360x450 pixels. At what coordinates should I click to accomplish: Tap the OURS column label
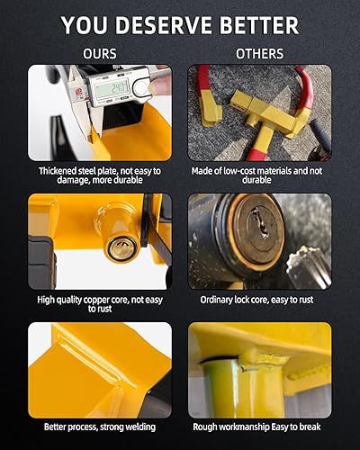click(x=99, y=53)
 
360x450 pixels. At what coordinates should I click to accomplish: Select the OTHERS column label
click(x=260, y=53)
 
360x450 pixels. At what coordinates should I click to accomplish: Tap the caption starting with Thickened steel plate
click(x=99, y=175)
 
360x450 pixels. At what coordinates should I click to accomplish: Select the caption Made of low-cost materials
click(x=260, y=175)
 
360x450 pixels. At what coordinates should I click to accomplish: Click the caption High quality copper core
click(x=99, y=303)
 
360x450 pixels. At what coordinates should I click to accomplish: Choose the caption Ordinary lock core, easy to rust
click(x=260, y=299)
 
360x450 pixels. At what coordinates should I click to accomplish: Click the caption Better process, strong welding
click(x=99, y=427)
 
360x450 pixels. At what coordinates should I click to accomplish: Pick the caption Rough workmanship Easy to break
click(x=260, y=427)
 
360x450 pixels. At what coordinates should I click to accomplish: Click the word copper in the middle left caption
click(x=101, y=299)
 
